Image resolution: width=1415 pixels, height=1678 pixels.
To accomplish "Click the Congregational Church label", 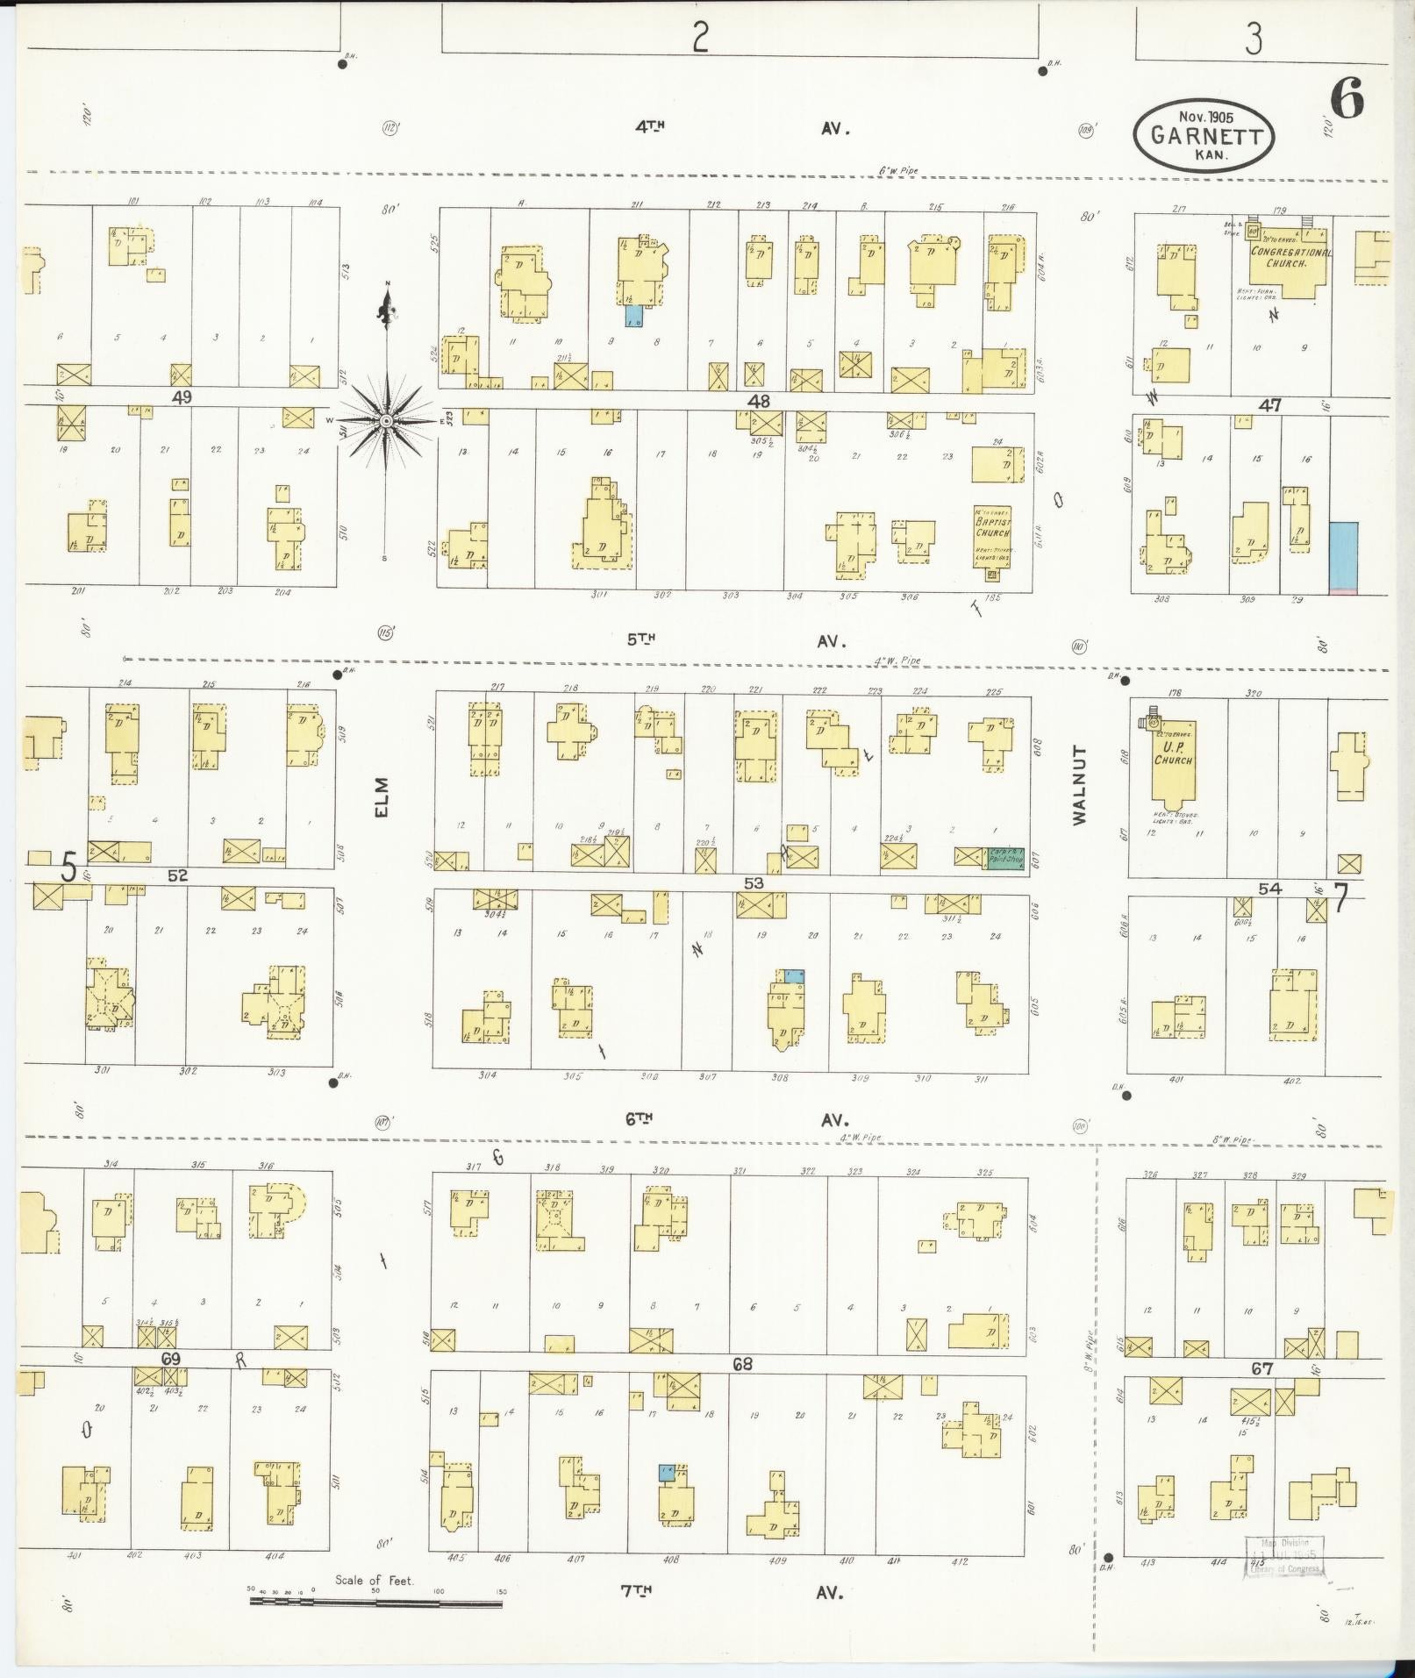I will click(1290, 257).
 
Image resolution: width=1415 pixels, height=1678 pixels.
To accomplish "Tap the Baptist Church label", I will click(992, 525).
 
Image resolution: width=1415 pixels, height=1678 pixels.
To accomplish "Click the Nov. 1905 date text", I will click(1205, 116).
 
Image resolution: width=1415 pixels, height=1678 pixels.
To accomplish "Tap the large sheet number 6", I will click(1347, 98).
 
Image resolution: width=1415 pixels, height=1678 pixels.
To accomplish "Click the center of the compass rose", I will click(386, 422).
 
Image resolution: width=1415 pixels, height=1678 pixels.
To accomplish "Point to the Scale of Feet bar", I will click(375, 1601).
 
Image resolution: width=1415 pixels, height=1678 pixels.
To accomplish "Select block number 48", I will click(758, 401).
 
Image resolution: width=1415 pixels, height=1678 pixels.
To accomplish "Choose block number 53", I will click(753, 882).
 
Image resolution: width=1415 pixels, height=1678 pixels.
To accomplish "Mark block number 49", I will click(182, 396).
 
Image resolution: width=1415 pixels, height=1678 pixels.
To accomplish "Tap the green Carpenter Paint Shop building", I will click(1005, 857).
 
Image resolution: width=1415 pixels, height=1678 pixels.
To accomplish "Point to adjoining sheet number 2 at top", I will click(699, 38).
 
